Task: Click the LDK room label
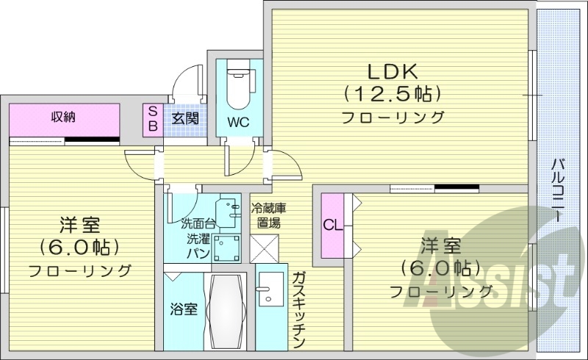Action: [x=392, y=71]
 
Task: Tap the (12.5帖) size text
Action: [x=392, y=93]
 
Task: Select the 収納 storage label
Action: [x=64, y=116]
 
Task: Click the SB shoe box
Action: [x=153, y=118]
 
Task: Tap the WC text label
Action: [x=238, y=122]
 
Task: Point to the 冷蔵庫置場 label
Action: [x=265, y=215]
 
